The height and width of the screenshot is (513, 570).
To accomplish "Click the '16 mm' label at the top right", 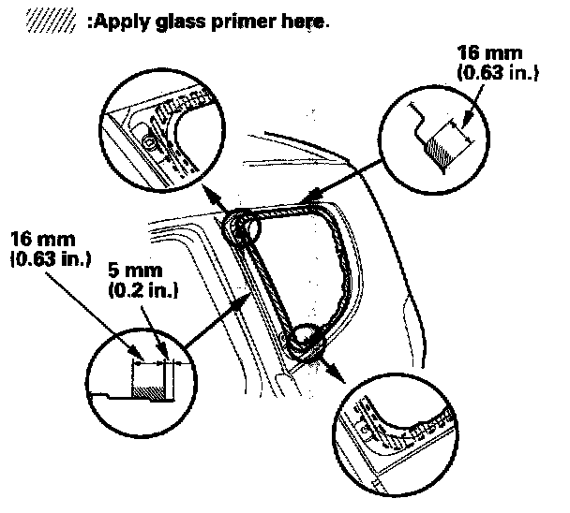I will click(487, 53).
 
